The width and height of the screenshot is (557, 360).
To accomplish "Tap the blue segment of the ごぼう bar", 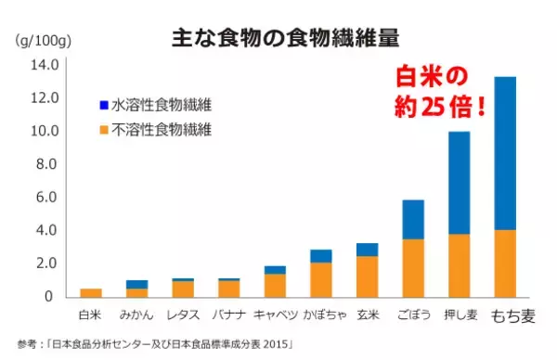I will pyautogui.click(x=412, y=219).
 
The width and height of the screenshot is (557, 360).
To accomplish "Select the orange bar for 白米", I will pyautogui.click(x=91, y=292).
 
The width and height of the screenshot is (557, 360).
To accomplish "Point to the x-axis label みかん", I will pyautogui.click(x=136, y=315).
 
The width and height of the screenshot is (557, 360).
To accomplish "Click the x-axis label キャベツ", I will pyautogui.click(x=274, y=315).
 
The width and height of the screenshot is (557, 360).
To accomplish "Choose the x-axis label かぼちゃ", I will pyautogui.click(x=320, y=315).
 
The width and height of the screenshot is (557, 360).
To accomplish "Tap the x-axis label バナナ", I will pyautogui.click(x=228, y=315).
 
